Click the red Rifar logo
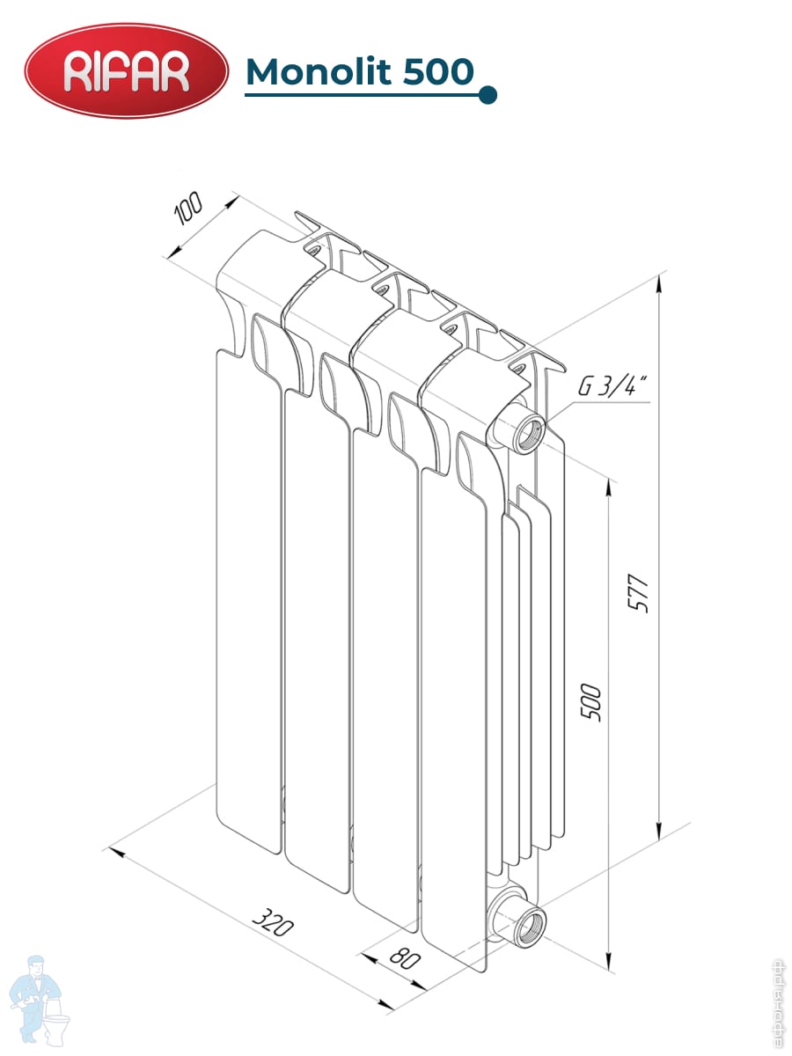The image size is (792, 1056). coord(127,70)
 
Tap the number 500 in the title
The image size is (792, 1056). coord(438,71)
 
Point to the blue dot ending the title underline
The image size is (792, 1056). coord(488,95)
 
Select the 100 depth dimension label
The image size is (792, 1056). coord(187,209)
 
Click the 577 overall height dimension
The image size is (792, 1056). coord(639,593)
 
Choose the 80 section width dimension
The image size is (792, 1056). coord(405,957)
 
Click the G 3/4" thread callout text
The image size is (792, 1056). coord(612,385)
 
